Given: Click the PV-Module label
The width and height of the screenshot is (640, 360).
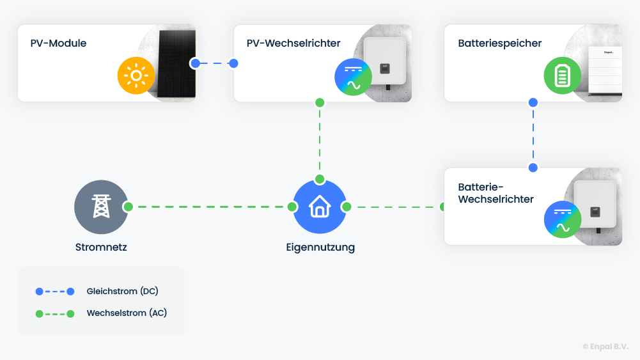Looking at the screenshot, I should click(58, 43).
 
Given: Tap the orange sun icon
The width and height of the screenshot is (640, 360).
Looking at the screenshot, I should click(136, 76).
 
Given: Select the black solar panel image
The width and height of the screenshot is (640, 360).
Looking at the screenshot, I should click(171, 64).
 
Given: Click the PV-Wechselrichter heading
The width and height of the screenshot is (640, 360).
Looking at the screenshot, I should click(293, 43).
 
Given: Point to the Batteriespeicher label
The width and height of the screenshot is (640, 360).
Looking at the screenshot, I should click(499, 43).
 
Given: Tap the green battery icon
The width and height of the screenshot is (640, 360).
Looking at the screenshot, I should click(562, 76).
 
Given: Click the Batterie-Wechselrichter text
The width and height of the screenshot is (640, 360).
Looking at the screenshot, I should click(496, 193).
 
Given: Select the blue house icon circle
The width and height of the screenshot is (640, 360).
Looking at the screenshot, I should click(320, 207).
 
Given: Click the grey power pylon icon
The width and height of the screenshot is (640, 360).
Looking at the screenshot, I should click(101, 207).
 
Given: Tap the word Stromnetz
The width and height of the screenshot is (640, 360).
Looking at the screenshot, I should click(101, 247).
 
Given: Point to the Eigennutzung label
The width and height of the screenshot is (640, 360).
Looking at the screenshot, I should click(320, 247).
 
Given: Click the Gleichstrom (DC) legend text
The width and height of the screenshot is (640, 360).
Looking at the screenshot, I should click(122, 291).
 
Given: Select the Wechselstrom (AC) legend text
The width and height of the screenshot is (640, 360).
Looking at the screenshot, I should click(127, 313).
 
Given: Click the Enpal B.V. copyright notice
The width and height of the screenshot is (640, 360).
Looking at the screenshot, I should click(605, 346).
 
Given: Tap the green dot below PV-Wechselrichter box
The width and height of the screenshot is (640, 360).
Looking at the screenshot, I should click(320, 102).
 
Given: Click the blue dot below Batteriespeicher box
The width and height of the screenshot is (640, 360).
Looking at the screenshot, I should click(533, 102).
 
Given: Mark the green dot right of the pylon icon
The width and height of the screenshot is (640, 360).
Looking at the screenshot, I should click(128, 207).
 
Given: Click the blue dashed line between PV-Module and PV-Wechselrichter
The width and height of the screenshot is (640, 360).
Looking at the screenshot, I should click(215, 63).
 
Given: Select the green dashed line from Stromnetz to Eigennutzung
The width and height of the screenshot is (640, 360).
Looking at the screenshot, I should click(210, 207).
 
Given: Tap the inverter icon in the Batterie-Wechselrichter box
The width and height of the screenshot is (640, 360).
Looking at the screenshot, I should click(562, 219).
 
